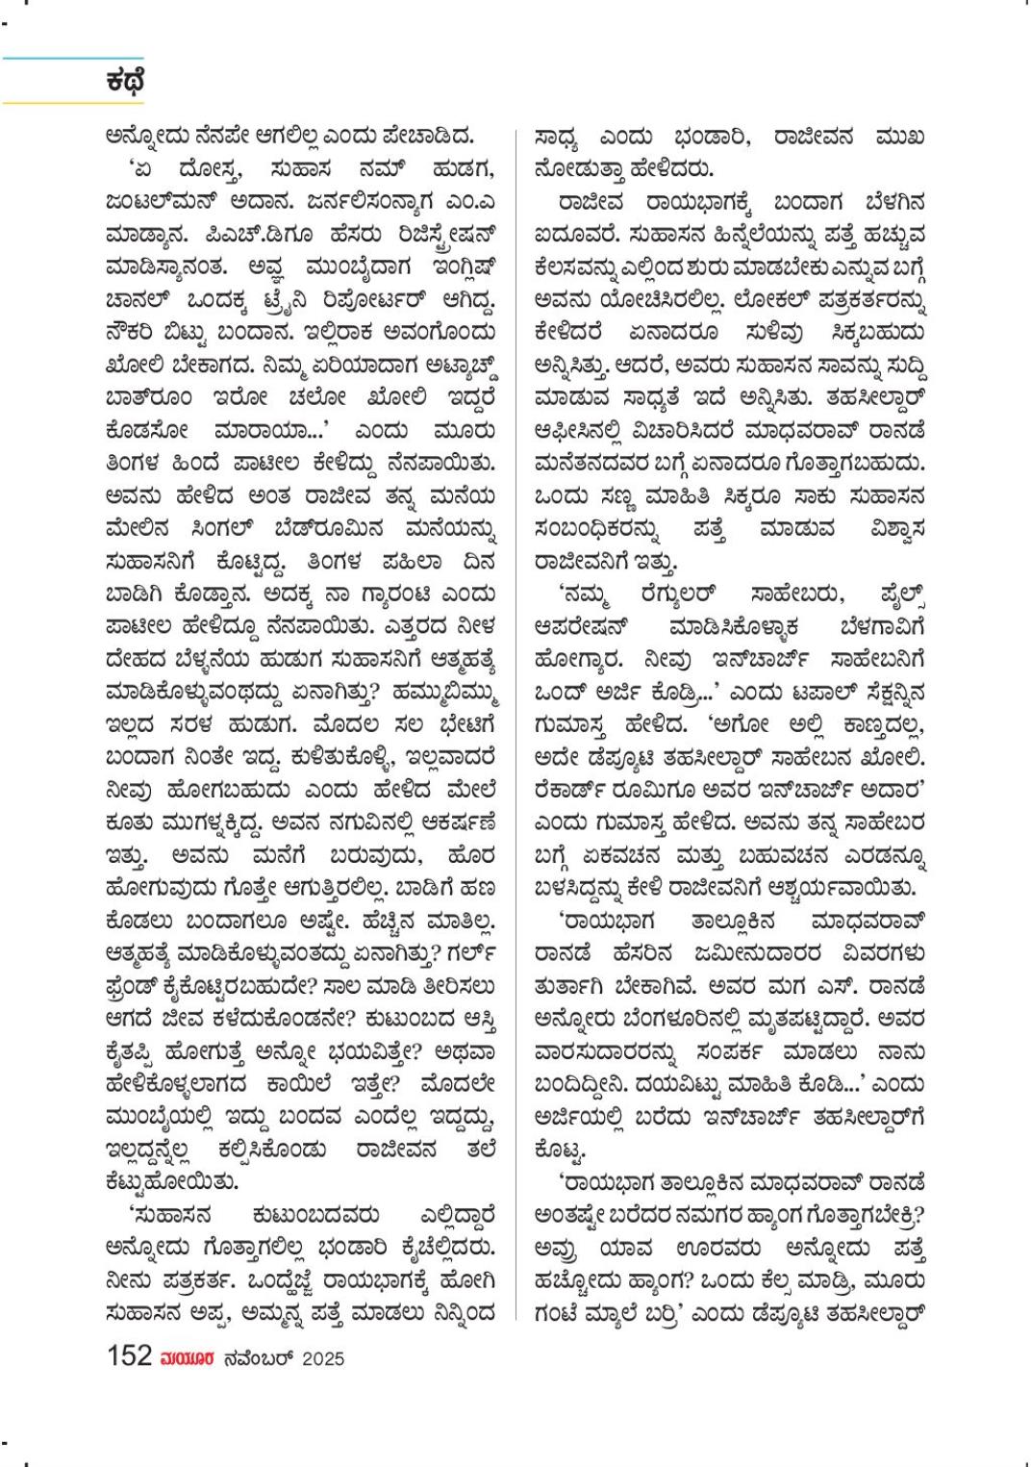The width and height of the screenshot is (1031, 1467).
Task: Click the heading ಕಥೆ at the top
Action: [125, 81]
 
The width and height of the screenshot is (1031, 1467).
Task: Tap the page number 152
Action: [130, 1356]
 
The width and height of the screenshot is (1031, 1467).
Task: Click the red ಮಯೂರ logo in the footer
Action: [187, 1358]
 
